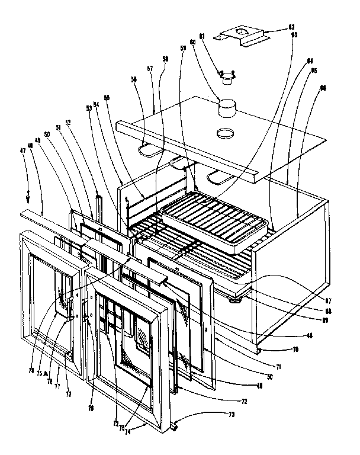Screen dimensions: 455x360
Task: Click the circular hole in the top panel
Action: click(x=226, y=133)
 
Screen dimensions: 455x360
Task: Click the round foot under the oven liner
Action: click(x=236, y=302)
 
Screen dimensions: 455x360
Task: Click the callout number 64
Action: click(x=310, y=59)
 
